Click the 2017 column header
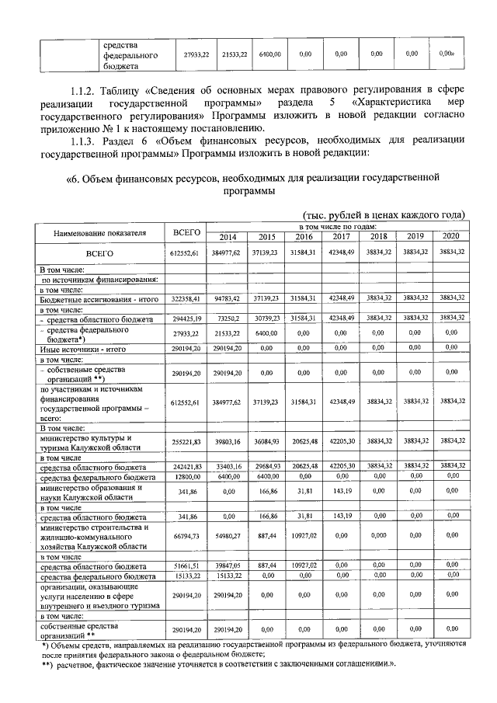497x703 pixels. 341,237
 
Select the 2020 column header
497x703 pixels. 450,237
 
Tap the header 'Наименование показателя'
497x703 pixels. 100,232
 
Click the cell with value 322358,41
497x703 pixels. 186,298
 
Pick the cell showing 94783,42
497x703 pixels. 228,298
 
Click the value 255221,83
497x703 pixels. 186,440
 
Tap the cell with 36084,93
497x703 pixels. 266,440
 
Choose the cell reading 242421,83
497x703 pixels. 186,467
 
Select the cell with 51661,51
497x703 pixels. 186,567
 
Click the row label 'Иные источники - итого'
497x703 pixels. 82,350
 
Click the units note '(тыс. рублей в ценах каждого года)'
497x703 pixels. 382,214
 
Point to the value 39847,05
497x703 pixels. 228,567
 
